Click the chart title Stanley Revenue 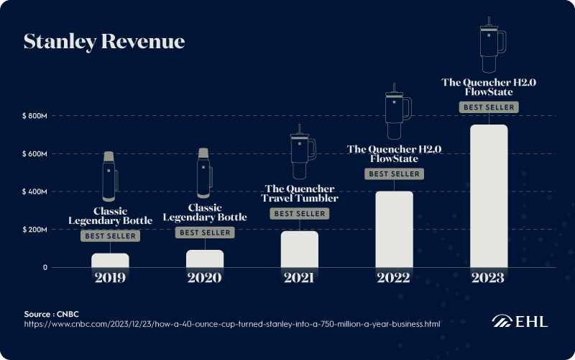point(104,41)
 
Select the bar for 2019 point(110,260)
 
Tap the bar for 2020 point(205,258)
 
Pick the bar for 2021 point(299,249)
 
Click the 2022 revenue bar point(394,229)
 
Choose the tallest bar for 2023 point(489,196)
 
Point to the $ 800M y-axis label point(34,116)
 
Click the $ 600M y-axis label point(34,154)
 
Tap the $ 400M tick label point(34,192)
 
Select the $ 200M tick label point(34,230)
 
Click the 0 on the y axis point(45,268)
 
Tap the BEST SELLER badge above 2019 point(110,236)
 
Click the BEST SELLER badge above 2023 point(489,107)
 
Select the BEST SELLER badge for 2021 point(299,214)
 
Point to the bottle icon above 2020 point(203,173)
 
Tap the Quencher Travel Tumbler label point(299,194)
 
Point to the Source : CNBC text point(51,314)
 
